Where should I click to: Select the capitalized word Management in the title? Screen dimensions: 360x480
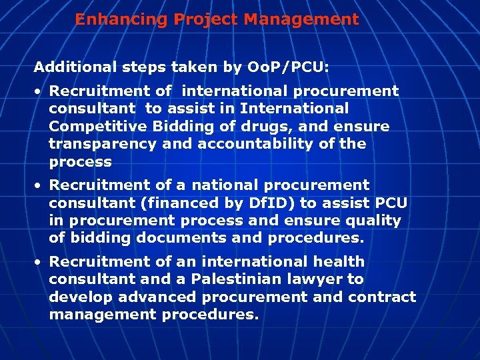pyautogui.click(x=301, y=19)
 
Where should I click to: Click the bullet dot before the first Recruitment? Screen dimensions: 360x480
pyautogui.click(x=41, y=91)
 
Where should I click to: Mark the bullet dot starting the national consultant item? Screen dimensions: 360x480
pyautogui.click(x=41, y=185)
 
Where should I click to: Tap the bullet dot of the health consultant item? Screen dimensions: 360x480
pyautogui.click(x=41, y=261)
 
